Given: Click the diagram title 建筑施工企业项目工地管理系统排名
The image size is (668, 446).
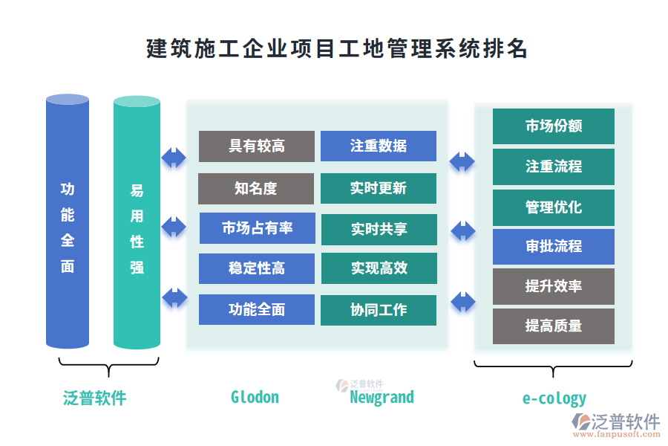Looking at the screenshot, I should [336, 49].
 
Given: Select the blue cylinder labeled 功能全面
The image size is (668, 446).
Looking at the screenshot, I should [68, 223].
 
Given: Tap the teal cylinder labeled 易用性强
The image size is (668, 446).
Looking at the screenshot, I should [137, 223].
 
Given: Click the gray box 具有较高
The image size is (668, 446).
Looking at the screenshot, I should [257, 146].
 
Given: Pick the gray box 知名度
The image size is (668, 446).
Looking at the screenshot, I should [256, 189].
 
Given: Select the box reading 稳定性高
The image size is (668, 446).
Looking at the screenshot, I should [257, 268].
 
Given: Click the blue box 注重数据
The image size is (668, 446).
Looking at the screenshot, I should [379, 146].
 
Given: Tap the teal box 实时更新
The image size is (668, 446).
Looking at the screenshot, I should [379, 189].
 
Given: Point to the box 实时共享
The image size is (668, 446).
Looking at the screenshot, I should [379, 229].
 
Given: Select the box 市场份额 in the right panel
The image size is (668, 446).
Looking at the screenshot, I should [554, 126].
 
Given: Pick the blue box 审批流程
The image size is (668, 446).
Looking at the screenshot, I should [554, 247].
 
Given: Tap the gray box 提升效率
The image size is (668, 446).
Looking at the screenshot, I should [554, 287].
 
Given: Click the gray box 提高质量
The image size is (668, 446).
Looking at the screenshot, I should [554, 326].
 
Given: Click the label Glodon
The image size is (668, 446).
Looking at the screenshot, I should [255, 397].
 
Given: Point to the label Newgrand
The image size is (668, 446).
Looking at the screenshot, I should [382, 397].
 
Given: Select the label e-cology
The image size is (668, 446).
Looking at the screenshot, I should [554, 398].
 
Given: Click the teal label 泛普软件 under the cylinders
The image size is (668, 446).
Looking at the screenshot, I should [95, 398].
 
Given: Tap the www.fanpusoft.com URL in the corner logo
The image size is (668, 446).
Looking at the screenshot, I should [615, 435].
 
